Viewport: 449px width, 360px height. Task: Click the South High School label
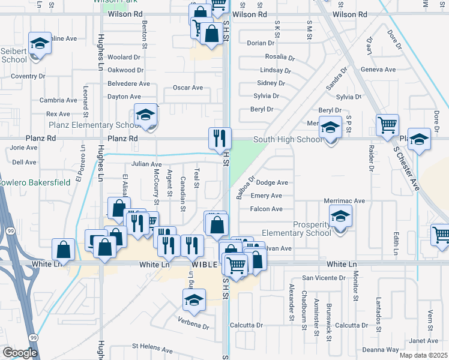pos(288,140)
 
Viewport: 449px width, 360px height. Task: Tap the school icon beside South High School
pos(330,128)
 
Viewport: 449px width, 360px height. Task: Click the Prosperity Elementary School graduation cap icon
pos(340,217)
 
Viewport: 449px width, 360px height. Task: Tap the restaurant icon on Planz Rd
pos(220,139)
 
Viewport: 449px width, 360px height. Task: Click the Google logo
pos(20,353)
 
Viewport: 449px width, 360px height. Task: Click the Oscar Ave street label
pos(188,88)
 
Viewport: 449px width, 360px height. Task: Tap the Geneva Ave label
pos(378,70)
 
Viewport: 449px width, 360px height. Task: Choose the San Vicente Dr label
pos(324,278)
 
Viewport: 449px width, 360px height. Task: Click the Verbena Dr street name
pos(193,327)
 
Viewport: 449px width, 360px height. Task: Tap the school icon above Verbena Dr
pos(194,301)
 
